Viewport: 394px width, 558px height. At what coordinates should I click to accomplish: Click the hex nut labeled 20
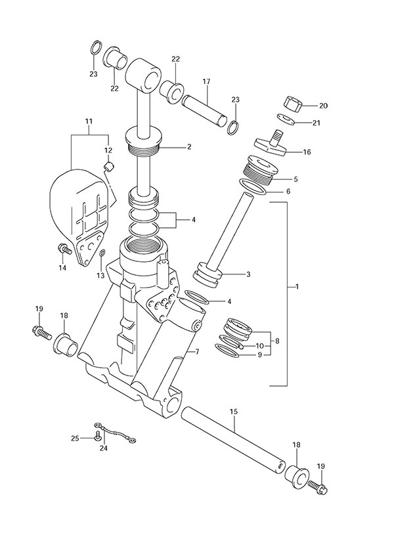click(x=291, y=104)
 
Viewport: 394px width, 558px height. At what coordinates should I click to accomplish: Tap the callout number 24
click(x=103, y=449)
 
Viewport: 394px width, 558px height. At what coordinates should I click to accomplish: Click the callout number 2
click(x=188, y=147)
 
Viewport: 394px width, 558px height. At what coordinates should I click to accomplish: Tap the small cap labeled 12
click(x=109, y=165)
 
